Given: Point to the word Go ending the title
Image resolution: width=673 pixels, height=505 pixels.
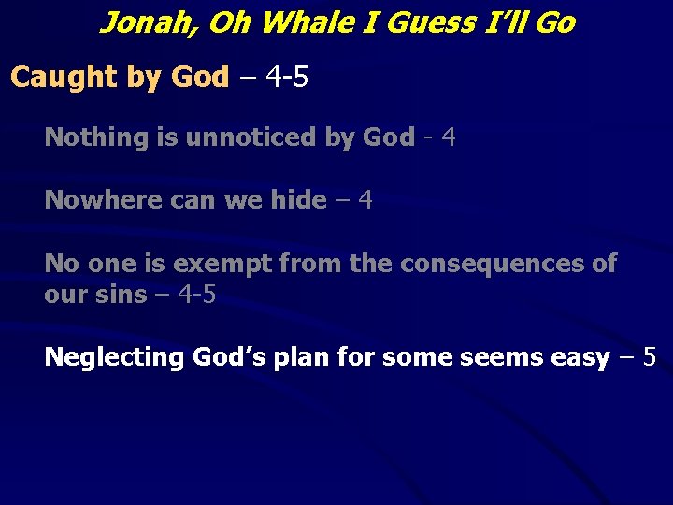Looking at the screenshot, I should [x=555, y=22].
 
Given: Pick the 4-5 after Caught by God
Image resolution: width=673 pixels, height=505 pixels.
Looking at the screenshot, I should [x=287, y=77].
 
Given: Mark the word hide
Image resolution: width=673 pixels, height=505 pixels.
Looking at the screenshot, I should [x=298, y=200].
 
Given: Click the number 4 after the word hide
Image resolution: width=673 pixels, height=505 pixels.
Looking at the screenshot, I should [x=365, y=200].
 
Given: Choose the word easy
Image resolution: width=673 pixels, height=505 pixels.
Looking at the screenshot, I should [x=577, y=357].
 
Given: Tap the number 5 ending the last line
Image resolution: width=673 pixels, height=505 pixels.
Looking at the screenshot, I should [x=649, y=357].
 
